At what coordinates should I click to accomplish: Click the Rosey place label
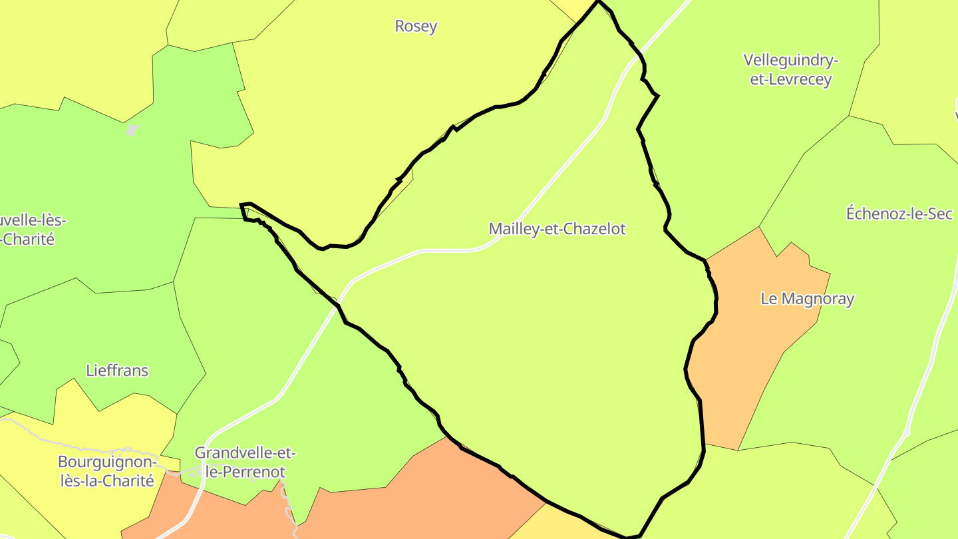(416, 27)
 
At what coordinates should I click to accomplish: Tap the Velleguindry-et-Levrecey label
(790, 70)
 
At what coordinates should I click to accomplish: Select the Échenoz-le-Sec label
(899, 214)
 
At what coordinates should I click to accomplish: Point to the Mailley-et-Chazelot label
(558, 229)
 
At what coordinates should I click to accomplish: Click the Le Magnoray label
(807, 299)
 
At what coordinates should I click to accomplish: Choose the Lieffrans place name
(117, 371)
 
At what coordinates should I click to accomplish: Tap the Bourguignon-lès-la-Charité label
(106, 471)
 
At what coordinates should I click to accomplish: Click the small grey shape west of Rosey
(132, 130)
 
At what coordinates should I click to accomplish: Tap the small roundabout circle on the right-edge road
(906, 433)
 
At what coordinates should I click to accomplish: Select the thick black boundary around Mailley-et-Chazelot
(703, 426)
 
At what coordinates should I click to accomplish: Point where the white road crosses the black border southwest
(339, 303)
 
